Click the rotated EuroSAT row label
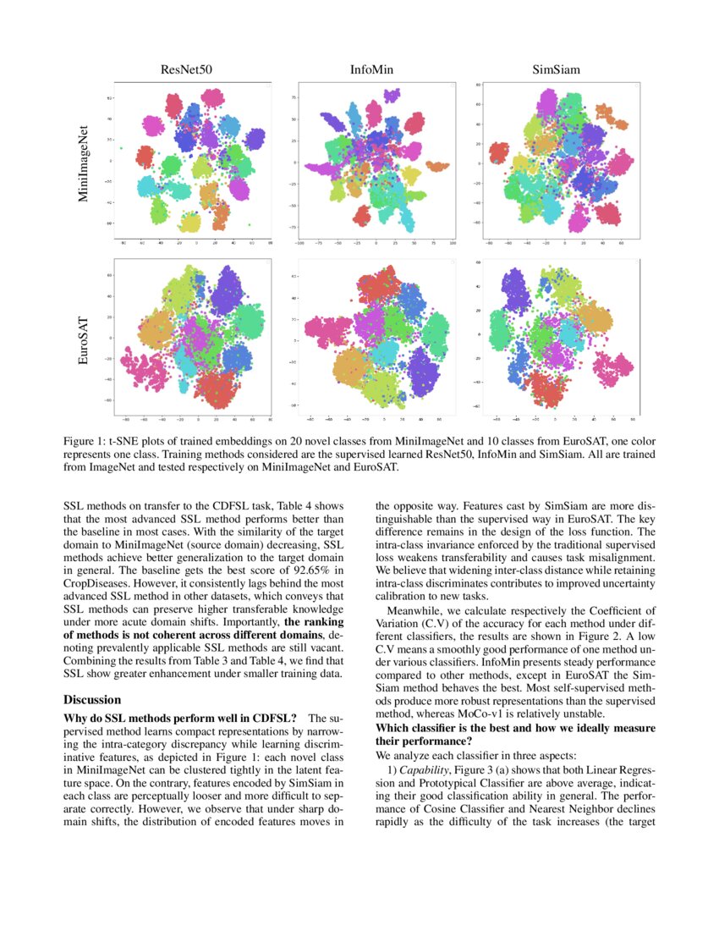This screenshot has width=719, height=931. tap(83, 340)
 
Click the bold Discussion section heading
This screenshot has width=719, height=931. tap(93, 700)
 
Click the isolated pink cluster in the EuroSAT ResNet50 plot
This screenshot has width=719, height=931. tap(140, 368)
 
